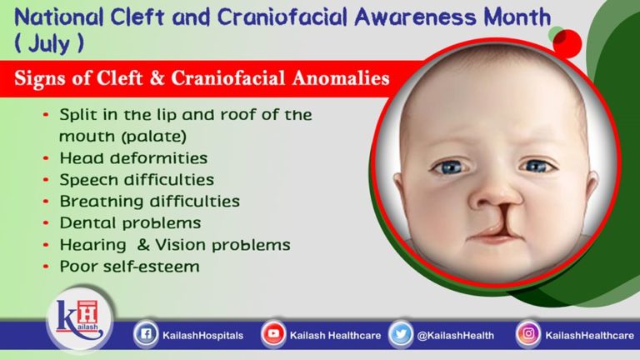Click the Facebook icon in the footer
point(147,335)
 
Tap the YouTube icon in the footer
point(272,335)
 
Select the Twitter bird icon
point(400,335)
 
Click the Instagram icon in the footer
point(527,335)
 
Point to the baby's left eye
point(537,166)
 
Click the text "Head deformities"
point(133,157)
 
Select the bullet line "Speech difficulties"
point(137,179)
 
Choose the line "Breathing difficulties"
point(149,201)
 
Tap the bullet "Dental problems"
point(130,222)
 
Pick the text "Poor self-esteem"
point(130,267)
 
